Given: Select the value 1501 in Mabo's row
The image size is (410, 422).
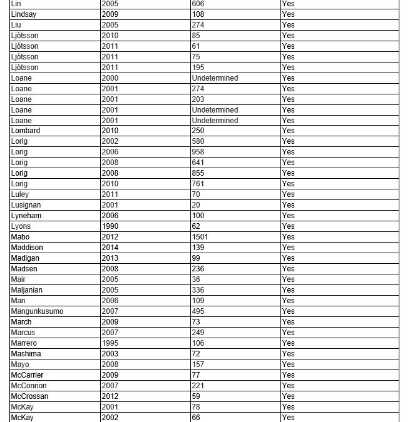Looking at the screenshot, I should pos(200,237).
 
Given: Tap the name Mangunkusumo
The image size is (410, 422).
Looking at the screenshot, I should pos(37,311).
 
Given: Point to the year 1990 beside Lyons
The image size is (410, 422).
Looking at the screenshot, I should pos(110,226).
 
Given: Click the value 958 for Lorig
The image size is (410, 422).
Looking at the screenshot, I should pos(198,152).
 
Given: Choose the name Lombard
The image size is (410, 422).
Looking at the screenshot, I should pos(26,131).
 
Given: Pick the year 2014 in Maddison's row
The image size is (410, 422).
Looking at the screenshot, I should pos(110,248).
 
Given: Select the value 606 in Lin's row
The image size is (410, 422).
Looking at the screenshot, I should pos(198,4).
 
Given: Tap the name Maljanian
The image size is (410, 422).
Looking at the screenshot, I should pos(27,290).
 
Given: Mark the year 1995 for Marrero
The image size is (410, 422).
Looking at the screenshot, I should pos(110,343).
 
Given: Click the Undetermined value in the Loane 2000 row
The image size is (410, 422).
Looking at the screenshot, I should pos(215,78).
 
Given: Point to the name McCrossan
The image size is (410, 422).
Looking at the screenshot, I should pos(29,396).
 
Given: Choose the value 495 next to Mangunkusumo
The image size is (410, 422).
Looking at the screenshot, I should pos(198,311).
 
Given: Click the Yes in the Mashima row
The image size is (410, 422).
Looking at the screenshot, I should pos(288,354).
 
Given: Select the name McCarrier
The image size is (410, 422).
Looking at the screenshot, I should pos(28,375).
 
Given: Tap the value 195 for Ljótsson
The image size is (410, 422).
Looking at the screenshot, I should pos(198,68).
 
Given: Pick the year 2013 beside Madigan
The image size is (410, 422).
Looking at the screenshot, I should pos(110,258).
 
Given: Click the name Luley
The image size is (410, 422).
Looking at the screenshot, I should pos(20,194).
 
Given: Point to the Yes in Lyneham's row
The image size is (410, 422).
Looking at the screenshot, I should pos(288,216).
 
